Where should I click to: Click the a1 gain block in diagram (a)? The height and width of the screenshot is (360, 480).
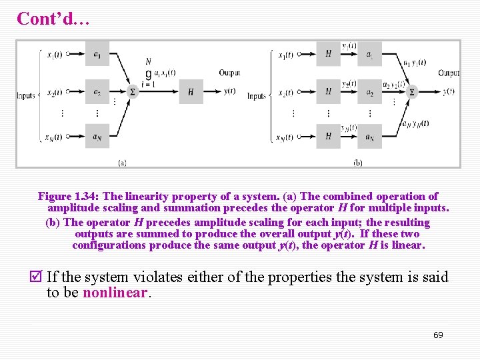[x=97, y=54]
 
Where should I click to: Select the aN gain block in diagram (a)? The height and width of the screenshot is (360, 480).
[x=97, y=137]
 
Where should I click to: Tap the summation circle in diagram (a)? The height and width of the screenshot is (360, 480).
[x=131, y=92]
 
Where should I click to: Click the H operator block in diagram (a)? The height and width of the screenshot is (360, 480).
[x=191, y=92]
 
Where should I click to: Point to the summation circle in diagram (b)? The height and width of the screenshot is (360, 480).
[x=411, y=92]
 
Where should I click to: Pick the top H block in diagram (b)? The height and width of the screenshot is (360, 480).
[x=328, y=54]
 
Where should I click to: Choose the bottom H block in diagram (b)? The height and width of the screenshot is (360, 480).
[x=328, y=137]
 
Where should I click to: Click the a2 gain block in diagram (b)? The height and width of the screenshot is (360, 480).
[x=369, y=92]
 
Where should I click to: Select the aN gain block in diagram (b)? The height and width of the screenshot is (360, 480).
[x=369, y=137]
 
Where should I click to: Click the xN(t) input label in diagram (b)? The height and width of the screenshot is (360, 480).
[x=285, y=138]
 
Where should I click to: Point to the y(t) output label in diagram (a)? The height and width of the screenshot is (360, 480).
[x=230, y=92]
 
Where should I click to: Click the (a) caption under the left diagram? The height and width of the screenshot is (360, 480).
[x=122, y=161]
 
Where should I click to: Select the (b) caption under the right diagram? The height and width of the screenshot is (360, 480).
[x=358, y=161]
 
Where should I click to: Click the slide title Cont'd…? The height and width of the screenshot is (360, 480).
[x=53, y=19]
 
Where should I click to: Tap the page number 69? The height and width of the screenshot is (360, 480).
[x=438, y=335]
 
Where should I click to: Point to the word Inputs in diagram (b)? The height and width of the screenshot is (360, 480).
[x=257, y=97]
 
